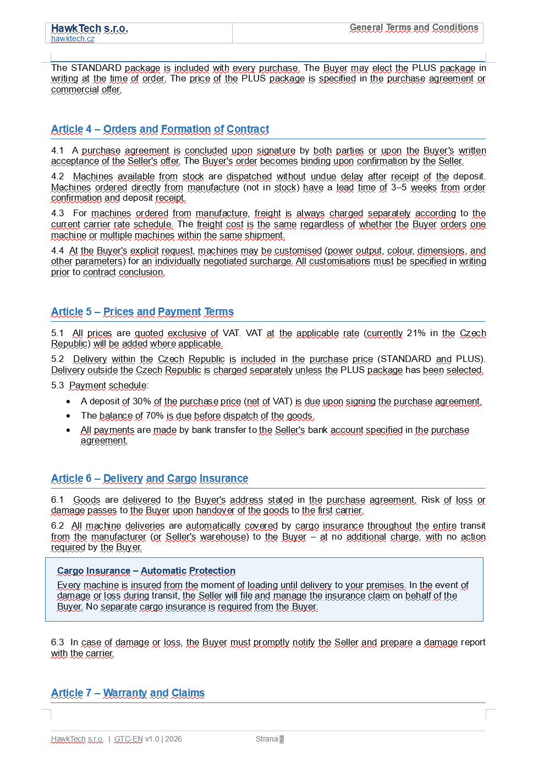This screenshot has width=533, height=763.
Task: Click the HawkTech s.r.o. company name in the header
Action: pos(89,29)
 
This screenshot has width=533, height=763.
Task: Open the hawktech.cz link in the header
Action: pos(73,39)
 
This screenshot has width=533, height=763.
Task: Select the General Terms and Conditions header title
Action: pos(414,28)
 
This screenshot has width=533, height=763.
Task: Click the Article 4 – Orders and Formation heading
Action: pos(160,129)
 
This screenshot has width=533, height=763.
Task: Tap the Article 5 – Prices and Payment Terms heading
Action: pos(142,312)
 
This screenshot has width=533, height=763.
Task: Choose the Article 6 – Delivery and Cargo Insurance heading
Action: pos(149,479)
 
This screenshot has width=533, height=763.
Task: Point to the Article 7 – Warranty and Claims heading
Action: pos(128,693)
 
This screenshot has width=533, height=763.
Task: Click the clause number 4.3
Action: pos(57,213)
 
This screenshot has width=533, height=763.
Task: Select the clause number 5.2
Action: pos(57,359)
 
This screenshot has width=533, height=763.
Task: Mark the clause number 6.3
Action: pos(57,643)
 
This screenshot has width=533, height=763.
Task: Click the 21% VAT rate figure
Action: pos(416,333)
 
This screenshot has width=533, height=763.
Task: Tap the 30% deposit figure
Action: pos(141,402)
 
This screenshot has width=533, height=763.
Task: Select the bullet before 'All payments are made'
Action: pos(68,431)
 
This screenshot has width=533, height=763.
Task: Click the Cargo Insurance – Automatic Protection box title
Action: pos(146,571)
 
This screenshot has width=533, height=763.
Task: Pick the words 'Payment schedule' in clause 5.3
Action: pos(108,386)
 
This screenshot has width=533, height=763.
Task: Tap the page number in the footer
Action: pos(282,739)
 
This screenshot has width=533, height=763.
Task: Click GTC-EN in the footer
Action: pos(128,739)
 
